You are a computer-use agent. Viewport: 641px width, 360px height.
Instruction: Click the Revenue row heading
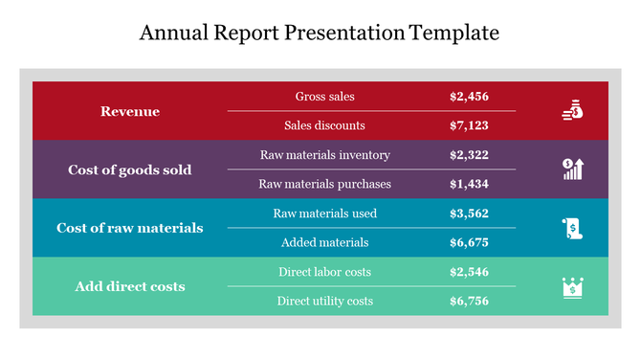(130, 112)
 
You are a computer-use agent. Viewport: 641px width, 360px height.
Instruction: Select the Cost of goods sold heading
(130, 169)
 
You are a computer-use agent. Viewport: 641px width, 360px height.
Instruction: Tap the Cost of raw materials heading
(130, 228)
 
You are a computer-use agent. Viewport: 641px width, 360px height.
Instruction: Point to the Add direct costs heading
(130, 286)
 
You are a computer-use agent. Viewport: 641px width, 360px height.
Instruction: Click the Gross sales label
(324, 97)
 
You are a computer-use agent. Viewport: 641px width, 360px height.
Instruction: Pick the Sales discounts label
(324, 125)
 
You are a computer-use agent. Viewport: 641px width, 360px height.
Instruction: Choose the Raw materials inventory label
(324, 154)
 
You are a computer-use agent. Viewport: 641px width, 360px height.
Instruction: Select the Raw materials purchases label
(324, 184)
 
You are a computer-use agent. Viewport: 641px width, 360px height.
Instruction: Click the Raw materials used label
(324, 213)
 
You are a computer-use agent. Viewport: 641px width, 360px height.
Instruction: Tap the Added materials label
(324, 242)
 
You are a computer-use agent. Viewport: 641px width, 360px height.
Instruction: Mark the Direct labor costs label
(324, 272)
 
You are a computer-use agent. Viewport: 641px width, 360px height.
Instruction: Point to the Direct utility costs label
(324, 301)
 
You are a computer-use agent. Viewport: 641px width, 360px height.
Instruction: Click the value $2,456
(469, 97)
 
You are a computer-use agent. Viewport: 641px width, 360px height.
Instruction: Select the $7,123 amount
(469, 125)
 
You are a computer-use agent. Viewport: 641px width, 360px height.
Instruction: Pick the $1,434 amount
(469, 184)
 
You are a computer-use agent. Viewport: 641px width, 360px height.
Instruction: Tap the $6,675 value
(469, 242)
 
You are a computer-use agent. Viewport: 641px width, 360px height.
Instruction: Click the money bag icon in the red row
(571, 111)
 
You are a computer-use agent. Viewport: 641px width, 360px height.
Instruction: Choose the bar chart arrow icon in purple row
(572, 169)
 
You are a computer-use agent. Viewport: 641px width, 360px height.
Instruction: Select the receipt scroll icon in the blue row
(572, 228)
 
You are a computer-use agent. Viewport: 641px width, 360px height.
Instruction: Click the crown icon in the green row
(572, 286)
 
